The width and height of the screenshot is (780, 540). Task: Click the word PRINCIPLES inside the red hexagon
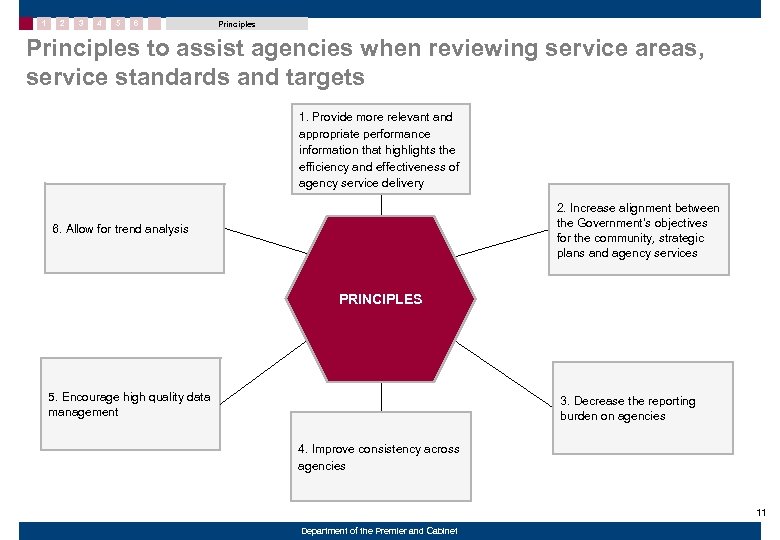(x=380, y=299)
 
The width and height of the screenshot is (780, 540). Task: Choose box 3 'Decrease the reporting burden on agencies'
(x=642, y=408)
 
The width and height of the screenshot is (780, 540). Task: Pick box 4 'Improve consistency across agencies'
(x=380, y=457)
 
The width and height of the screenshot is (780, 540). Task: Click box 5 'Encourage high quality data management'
(x=130, y=404)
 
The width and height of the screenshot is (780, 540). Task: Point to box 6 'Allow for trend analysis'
(x=134, y=229)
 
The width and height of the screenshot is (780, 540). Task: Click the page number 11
(x=761, y=512)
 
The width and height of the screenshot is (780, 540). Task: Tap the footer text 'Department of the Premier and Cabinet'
(x=379, y=531)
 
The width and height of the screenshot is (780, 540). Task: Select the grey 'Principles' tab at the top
(x=237, y=23)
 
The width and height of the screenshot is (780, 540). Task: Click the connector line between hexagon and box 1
(x=381, y=205)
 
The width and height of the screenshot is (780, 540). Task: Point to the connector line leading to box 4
(x=381, y=396)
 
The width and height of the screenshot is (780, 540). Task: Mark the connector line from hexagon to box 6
(x=266, y=240)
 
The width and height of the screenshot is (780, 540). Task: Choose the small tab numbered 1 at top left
(x=42, y=23)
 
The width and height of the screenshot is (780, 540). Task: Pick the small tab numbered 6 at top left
(x=136, y=23)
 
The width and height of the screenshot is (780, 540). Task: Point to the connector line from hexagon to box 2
(x=500, y=241)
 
